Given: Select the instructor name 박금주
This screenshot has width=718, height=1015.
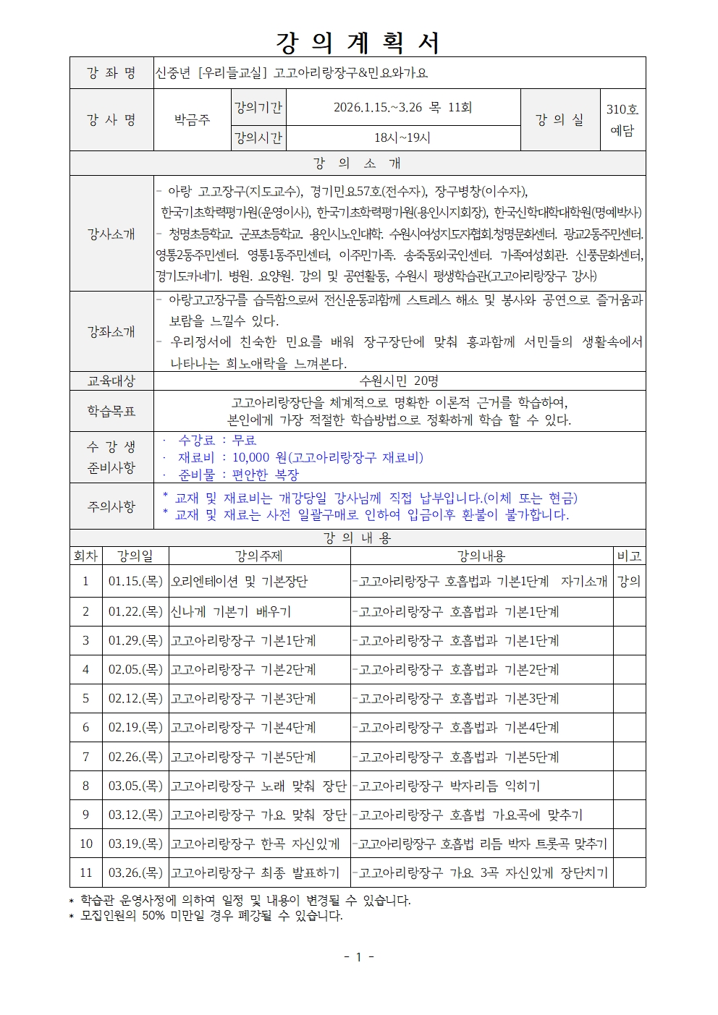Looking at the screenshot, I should click(192, 120).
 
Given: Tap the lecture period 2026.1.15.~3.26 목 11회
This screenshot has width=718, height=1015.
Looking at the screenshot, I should click(402, 108).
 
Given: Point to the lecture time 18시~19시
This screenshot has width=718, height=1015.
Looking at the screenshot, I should click(402, 137).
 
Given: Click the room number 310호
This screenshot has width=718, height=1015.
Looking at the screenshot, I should click(622, 110).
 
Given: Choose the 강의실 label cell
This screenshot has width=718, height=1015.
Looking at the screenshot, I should click(559, 120).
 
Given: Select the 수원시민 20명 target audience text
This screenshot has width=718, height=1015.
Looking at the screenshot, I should click(399, 381).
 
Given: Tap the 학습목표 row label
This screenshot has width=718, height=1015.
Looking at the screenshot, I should click(111, 411).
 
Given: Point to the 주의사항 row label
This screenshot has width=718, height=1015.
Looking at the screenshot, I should click(111, 506).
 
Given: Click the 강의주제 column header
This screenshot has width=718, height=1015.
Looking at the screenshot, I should click(258, 556).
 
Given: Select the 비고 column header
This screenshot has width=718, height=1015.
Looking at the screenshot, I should click(629, 556).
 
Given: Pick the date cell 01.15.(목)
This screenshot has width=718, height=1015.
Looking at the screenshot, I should click(135, 581).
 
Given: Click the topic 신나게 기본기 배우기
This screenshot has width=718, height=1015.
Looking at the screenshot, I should click(230, 611).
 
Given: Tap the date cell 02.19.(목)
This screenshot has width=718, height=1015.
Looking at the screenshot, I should click(135, 728).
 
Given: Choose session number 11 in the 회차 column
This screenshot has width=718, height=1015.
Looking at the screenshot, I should click(85, 872).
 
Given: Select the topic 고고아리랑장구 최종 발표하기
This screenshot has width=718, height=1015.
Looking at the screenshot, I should click(255, 872).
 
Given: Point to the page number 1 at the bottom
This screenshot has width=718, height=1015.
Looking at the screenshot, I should click(358, 957).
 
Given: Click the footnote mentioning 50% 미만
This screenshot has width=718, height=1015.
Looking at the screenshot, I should click(211, 916).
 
